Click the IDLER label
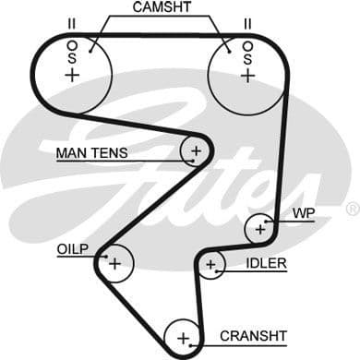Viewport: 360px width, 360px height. (x=266, y=264)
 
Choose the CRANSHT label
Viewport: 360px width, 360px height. (x=253, y=334)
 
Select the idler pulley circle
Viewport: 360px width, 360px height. (x=212, y=266)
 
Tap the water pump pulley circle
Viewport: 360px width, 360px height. (x=260, y=227)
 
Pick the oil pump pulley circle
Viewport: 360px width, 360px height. (x=114, y=262)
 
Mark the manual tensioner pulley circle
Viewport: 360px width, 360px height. (x=196, y=150)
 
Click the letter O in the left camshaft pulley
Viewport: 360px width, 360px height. (x=72, y=42)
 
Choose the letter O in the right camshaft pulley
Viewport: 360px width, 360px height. (x=246, y=42)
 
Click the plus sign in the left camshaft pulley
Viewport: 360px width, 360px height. (x=72, y=75)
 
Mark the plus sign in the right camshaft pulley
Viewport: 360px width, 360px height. (x=246, y=75)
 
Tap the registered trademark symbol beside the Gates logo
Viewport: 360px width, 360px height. (x=352, y=210)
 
